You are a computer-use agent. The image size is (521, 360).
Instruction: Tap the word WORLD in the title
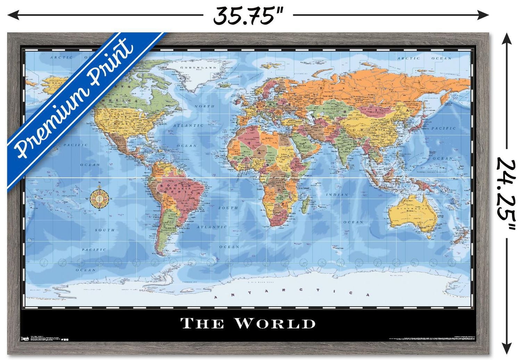275,323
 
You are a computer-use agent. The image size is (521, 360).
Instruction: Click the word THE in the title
202,324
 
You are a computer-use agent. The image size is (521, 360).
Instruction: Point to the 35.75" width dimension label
248,16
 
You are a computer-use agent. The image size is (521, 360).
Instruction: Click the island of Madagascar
306,204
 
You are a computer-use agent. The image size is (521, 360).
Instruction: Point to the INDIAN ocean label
337,195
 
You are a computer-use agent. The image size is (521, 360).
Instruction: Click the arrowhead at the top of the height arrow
507,37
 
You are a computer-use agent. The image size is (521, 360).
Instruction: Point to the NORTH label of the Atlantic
204,106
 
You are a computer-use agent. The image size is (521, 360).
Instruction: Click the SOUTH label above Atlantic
228,208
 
